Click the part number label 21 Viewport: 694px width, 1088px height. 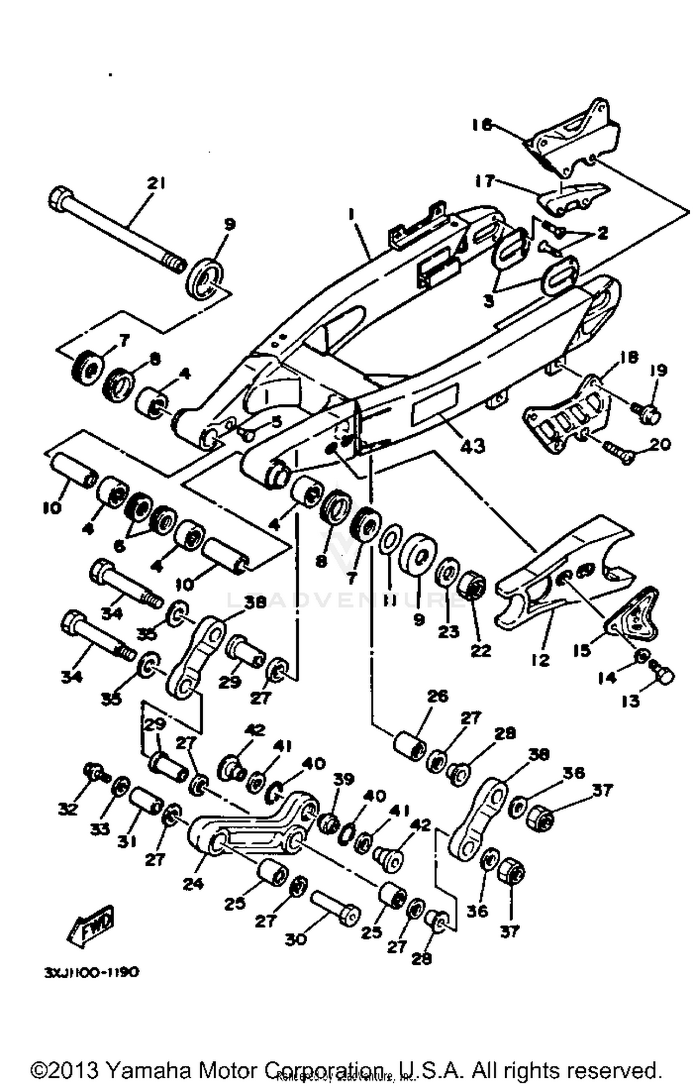pyautogui.click(x=156, y=184)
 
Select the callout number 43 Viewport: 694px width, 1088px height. pyautogui.click(x=472, y=445)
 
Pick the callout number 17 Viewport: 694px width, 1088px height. pyautogui.click(x=485, y=181)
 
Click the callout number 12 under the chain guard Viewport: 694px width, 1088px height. pyautogui.click(x=540, y=659)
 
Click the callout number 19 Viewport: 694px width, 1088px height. pyautogui.click(x=659, y=370)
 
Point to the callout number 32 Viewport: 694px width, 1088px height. pyautogui.click(x=68, y=809)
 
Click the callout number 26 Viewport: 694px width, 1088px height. pyautogui.click(x=437, y=696)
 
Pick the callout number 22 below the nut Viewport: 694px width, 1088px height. pyautogui.click(x=480, y=650)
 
